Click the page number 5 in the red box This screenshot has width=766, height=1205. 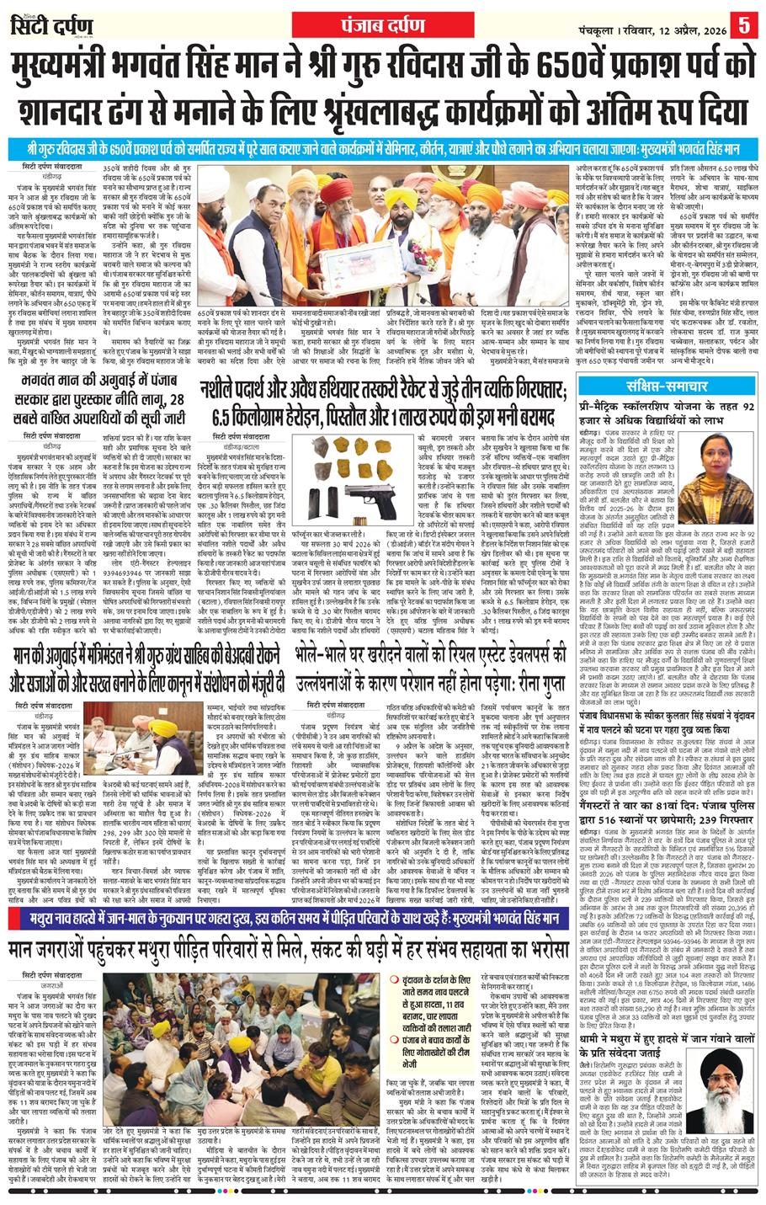(745, 22)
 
